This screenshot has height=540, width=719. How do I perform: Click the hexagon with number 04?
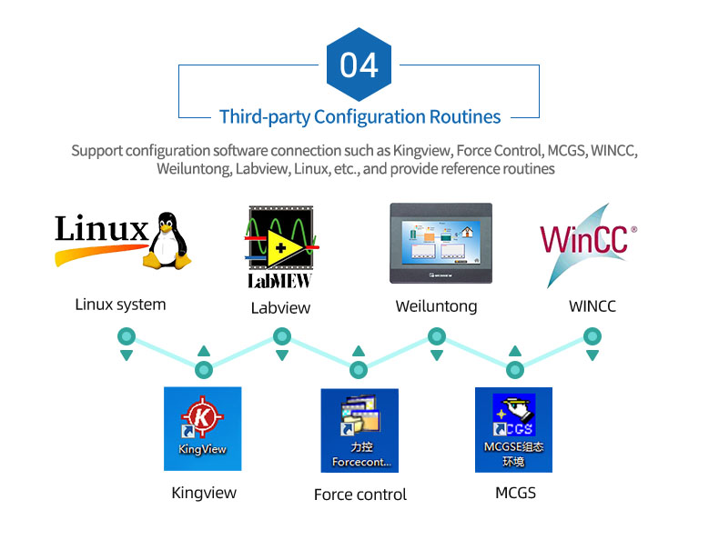click(359, 65)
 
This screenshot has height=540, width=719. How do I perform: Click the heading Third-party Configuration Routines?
click(359, 117)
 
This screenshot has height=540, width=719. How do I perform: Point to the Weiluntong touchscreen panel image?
click(440, 245)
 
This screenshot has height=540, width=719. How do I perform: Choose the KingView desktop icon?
click(203, 428)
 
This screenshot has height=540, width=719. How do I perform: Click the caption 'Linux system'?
click(120, 305)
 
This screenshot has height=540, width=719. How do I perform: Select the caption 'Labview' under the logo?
click(280, 308)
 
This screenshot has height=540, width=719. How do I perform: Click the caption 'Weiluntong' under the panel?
click(436, 306)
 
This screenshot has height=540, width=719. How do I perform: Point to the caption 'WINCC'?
click(592, 306)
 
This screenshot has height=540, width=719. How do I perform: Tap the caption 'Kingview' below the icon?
click(204, 493)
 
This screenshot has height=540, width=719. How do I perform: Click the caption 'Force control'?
click(359, 495)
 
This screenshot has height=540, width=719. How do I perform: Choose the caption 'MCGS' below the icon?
click(515, 493)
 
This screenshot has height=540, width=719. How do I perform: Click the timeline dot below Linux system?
click(126, 336)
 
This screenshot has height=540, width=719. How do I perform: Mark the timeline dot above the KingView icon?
click(204, 369)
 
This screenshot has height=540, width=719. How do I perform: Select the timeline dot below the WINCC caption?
click(592, 336)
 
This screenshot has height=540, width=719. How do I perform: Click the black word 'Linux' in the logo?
click(101, 228)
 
